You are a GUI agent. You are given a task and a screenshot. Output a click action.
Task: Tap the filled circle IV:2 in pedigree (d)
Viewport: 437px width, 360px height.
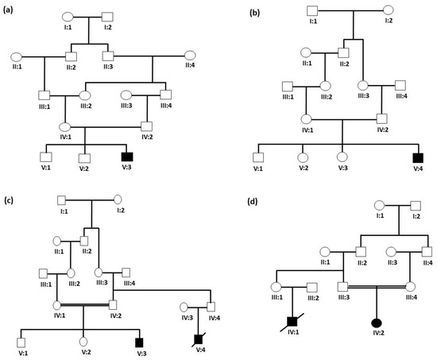pyautogui.click(x=375, y=323)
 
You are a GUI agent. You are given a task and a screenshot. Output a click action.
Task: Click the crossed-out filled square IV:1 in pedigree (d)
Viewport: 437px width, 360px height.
pyautogui.click(x=292, y=323)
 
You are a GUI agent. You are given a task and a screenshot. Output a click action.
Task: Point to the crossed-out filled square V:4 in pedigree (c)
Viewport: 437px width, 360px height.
pyautogui.click(x=199, y=339)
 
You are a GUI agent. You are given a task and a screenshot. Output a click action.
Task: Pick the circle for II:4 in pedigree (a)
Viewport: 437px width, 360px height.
pyautogui.click(x=191, y=56)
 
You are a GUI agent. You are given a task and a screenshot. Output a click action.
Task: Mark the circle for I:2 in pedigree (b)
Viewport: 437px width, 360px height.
pyautogui.click(x=389, y=10)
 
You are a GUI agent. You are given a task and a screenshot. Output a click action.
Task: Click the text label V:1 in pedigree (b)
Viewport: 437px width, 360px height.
pyautogui.click(x=257, y=168)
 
